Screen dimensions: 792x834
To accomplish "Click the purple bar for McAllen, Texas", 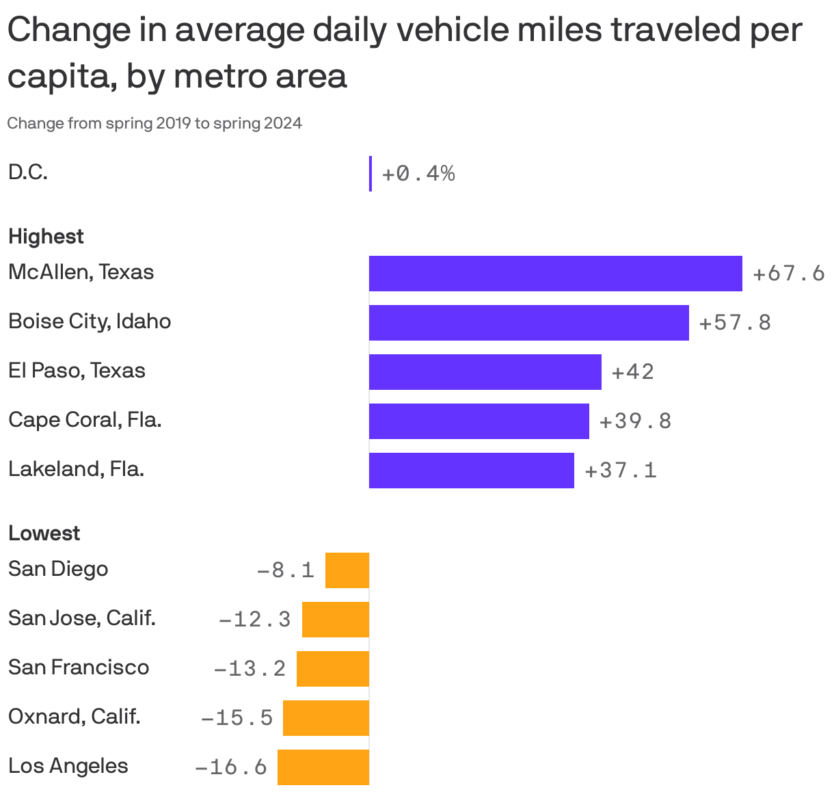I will pyautogui.click(x=555, y=274).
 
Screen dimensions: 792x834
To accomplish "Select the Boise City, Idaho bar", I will pyautogui.click(x=528, y=323).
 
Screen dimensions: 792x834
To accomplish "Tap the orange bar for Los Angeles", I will pyautogui.click(x=323, y=767).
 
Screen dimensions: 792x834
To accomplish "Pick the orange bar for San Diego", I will pyautogui.click(x=347, y=570).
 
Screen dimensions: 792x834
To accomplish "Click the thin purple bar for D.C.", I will pyautogui.click(x=371, y=174).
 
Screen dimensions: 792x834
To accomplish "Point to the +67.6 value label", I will pyautogui.click(x=788, y=274).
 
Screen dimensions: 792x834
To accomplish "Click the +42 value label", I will pyautogui.click(x=632, y=372).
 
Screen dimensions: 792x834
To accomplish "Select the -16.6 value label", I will pyautogui.click(x=231, y=767).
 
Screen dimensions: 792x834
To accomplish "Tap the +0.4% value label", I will pyautogui.click(x=418, y=174).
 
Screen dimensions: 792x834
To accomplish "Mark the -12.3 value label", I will pyautogui.click(x=254, y=620).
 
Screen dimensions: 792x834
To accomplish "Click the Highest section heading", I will pyautogui.click(x=46, y=237).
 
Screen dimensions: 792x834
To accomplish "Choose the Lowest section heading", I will pyautogui.click(x=44, y=533).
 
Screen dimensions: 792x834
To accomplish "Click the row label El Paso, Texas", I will pyautogui.click(x=77, y=371).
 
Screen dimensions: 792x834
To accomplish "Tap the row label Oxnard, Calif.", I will pyautogui.click(x=74, y=717).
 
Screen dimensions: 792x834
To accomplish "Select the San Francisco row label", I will pyautogui.click(x=78, y=668).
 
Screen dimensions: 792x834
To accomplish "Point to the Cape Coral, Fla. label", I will pyautogui.click(x=85, y=420).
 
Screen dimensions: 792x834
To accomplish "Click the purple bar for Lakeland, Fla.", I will pyautogui.click(x=471, y=471).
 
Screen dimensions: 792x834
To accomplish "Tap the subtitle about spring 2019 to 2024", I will pyautogui.click(x=154, y=124).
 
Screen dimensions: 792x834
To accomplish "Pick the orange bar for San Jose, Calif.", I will pyautogui.click(x=335, y=620).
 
